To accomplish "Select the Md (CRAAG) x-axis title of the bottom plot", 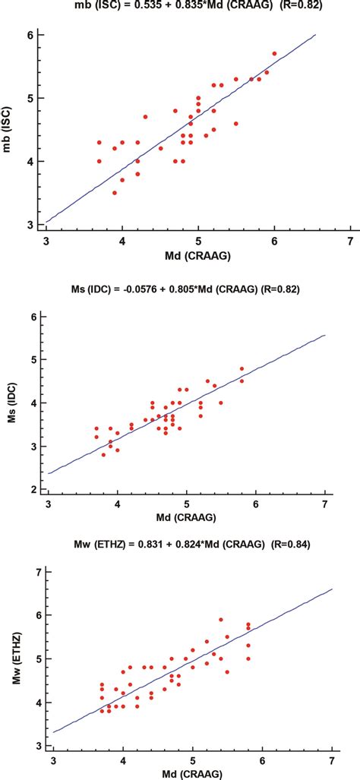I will click(194, 773).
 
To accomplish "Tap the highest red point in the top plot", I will click(274, 54).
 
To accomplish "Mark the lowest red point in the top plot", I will click(115, 193).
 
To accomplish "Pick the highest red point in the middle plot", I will click(242, 369).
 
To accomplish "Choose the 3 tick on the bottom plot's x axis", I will click(54, 759).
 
